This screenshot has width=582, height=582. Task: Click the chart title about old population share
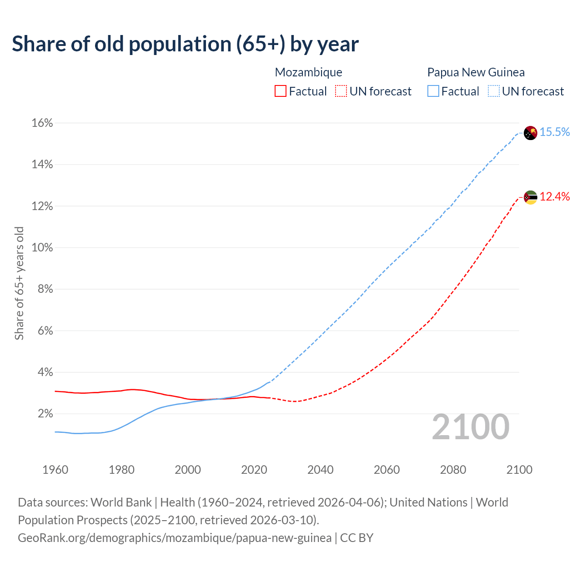pos(185,44)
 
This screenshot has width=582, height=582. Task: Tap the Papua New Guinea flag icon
pos(530,133)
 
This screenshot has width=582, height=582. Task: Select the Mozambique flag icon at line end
pos(530,197)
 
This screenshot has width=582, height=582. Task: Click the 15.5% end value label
pos(555,132)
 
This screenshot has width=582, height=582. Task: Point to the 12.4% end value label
pos(555,196)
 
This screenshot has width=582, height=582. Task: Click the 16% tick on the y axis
pos(42,123)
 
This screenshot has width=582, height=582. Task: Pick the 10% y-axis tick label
pos(42,248)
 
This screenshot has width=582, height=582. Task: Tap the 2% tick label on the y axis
pos(45,414)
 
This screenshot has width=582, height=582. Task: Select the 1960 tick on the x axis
pos(55,470)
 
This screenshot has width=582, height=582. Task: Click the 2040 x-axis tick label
pos(321,470)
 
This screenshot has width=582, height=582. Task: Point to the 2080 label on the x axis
pos(453,470)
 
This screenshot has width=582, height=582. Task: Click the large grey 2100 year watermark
pos(471,427)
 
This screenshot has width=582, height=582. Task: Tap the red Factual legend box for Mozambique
pos(281,91)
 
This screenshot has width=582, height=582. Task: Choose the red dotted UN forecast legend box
pos(341,91)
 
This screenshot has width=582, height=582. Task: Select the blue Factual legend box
pos(433,91)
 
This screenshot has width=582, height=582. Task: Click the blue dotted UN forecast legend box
pos(494,91)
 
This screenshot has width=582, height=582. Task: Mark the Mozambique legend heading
pos(308,72)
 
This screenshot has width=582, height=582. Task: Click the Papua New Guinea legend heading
pos(476,72)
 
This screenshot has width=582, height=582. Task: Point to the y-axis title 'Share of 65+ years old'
pos(19,283)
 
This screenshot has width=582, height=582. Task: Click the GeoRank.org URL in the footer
pos(175,538)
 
